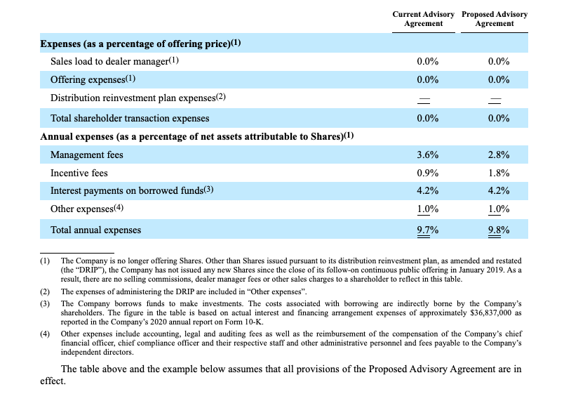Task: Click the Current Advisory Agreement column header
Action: (424, 19)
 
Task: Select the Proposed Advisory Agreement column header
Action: (495, 19)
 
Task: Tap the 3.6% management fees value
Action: (427, 155)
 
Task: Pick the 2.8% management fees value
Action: (499, 155)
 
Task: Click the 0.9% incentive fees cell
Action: (427, 173)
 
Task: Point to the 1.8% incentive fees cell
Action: (499, 173)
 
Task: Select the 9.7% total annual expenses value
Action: (427, 230)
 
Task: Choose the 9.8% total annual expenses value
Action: (499, 230)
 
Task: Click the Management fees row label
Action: (87, 155)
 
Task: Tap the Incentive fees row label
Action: (79, 173)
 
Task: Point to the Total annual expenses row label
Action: (96, 230)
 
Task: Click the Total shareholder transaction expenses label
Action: (130, 118)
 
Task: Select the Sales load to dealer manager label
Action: (109, 61)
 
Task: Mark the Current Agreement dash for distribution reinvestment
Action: (424, 99)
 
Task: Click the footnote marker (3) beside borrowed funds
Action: (208, 190)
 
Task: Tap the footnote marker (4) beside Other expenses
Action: (119, 208)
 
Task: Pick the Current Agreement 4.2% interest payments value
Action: (427, 190)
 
